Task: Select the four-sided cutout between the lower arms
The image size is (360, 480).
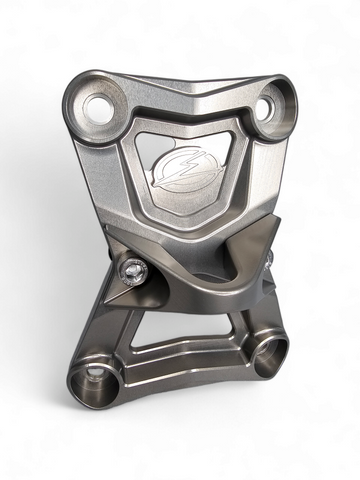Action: tap(190, 323)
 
